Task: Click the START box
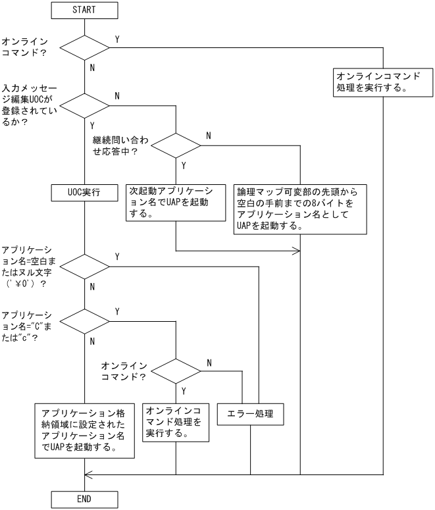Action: click(84, 10)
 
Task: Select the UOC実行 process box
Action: click(84, 193)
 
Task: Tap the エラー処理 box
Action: click(250, 415)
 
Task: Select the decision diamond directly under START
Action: click(84, 47)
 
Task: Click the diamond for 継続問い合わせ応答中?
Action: click(176, 144)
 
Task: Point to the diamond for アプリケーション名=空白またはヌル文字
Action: click(84, 267)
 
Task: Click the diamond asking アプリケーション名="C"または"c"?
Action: click(84, 321)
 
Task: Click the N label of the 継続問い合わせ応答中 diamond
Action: click(209, 136)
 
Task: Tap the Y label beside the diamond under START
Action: click(117, 39)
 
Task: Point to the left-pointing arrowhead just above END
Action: click(89, 474)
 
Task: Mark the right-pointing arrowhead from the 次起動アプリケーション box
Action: click(296, 251)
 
